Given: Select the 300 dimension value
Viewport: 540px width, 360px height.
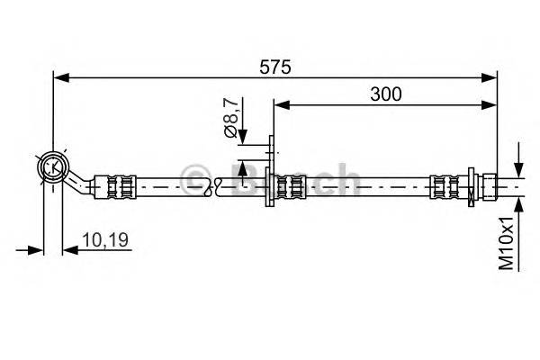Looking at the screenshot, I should click(384, 94).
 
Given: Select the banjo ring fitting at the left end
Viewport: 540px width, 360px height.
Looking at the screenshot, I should click(53, 166).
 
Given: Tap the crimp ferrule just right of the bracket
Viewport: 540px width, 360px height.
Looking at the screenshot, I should click(290, 187).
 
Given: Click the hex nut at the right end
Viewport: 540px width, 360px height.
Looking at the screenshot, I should click(487, 186).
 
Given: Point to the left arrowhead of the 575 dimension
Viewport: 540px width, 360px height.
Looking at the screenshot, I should click(59, 77).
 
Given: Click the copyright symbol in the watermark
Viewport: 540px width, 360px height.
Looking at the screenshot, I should click(193, 177).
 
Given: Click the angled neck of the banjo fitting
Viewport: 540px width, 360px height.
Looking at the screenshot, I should click(83, 184).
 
